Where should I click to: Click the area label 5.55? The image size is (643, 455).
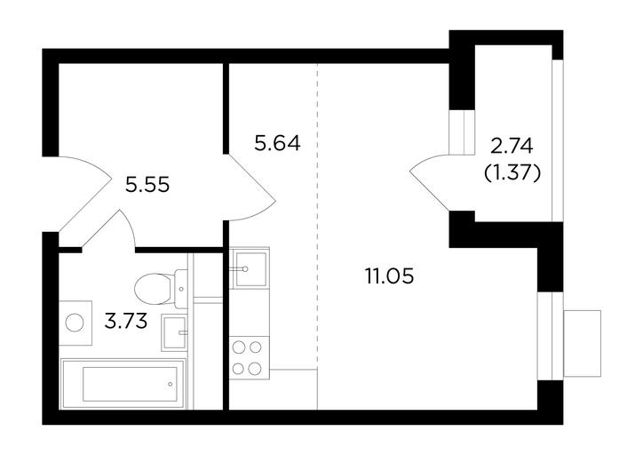click(x=147, y=185)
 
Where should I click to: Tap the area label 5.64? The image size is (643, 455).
click(x=277, y=144)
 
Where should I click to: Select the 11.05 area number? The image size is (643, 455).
click(x=389, y=276)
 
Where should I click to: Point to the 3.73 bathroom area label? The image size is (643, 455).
click(x=126, y=321)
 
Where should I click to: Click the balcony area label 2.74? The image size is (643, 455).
click(x=512, y=146)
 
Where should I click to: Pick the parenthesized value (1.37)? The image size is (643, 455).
click(x=512, y=173)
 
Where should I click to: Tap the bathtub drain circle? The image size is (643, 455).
click(x=170, y=385)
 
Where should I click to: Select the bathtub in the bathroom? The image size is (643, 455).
click(x=123, y=384)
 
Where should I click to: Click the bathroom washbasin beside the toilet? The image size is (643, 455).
click(x=174, y=332)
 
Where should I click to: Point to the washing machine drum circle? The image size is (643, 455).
click(x=75, y=323)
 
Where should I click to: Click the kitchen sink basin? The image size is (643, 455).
click(x=250, y=268)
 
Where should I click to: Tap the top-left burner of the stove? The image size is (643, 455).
click(x=239, y=347)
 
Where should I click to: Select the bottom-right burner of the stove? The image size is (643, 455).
click(x=255, y=369)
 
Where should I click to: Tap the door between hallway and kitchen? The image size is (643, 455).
click(x=251, y=188)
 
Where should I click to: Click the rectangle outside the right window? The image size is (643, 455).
click(x=583, y=343)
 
